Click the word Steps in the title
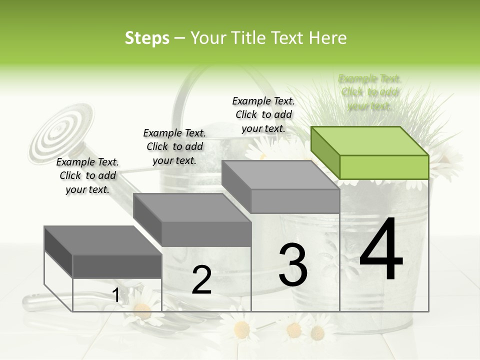click(147, 38)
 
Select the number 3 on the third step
click(293, 265)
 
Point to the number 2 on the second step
click(201, 280)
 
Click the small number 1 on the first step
click(116, 295)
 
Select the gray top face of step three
click(280, 175)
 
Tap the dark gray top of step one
click(102, 240)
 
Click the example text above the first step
click(87, 175)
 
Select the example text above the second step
click(174, 146)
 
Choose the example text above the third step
click(263, 114)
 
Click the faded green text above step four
click(370, 92)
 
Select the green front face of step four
click(384, 167)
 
